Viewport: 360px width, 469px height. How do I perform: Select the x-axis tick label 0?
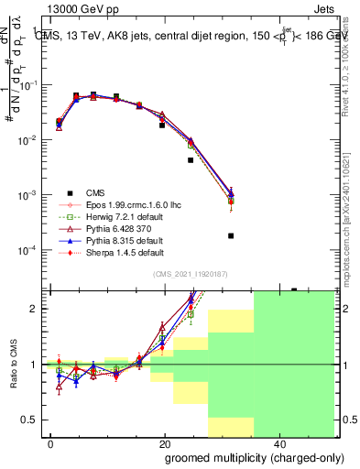[x=50, y=444]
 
